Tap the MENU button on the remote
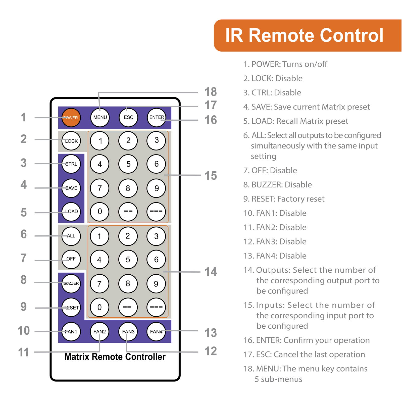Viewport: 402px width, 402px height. (100, 117)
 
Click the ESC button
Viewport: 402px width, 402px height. (128, 117)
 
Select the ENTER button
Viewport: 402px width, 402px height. (157, 117)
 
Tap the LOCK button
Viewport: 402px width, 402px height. (71, 141)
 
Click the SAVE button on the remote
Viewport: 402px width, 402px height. (71, 188)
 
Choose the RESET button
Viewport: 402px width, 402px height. (71, 308)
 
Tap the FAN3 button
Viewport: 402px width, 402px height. (128, 332)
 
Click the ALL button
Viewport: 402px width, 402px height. (71, 236)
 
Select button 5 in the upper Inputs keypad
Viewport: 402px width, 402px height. (128, 164)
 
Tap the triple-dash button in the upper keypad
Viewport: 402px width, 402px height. (156, 212)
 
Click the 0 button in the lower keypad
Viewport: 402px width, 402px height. (99, 307)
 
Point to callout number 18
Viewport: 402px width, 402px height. (211, 92)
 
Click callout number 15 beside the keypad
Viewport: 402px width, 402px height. (211, 176)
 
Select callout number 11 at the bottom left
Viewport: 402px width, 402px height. (23, 352)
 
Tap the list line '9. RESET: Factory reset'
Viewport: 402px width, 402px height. (284, 199)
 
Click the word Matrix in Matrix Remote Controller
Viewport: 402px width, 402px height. (77, 357)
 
